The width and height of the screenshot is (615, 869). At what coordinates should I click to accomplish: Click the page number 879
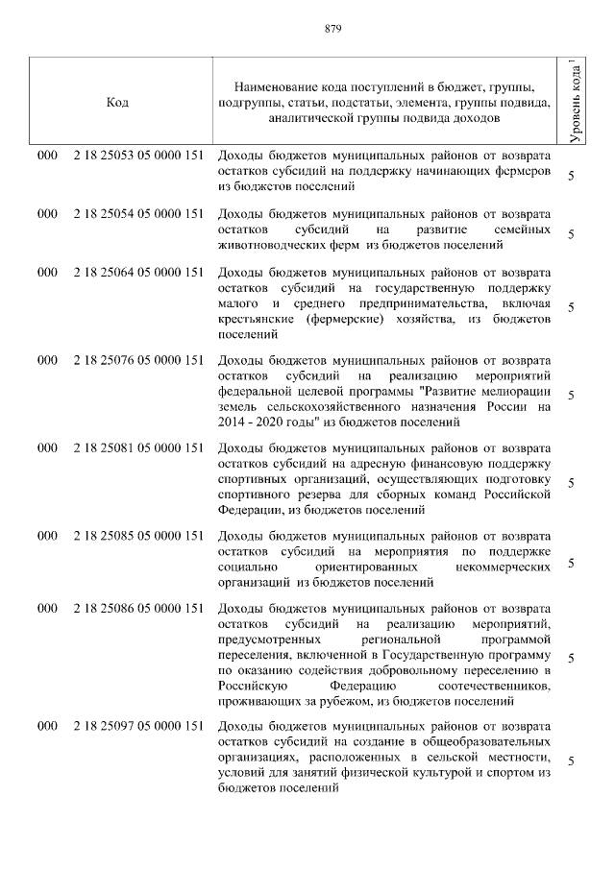[307, 28]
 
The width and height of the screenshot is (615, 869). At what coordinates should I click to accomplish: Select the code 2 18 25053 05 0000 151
[137, 156]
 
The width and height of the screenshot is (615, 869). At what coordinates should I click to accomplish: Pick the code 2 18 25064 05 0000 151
[137, 273]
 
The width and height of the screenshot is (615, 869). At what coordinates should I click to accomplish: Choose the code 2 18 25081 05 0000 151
[137, 448]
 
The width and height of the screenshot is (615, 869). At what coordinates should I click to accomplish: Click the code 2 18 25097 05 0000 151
[137, 726]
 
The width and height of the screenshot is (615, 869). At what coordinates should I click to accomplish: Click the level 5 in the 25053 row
[572, 176]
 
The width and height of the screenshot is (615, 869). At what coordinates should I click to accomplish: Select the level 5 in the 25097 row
[572, 761]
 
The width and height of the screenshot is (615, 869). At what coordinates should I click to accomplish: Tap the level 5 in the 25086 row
[572, 659]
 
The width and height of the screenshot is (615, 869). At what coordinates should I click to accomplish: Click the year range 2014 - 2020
[250, 421]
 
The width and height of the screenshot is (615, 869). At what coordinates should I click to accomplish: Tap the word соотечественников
[493, 688]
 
